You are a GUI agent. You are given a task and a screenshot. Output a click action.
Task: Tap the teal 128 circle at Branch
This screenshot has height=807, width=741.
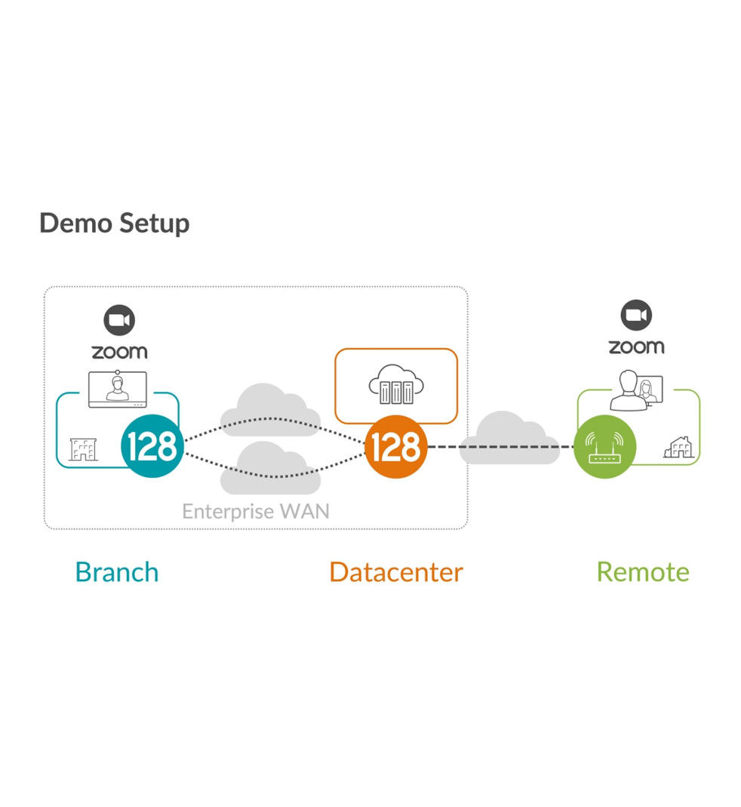(152, 447)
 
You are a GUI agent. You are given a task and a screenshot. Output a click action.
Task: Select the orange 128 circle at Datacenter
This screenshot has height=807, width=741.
(396, 447)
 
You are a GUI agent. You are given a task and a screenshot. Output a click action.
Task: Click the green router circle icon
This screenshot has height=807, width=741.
(604, 447)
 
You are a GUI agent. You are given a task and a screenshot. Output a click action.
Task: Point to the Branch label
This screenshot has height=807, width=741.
(117, 571)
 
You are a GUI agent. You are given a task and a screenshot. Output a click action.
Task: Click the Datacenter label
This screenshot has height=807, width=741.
(396, 571)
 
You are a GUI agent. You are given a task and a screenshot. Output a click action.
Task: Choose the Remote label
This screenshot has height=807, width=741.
(643, 571)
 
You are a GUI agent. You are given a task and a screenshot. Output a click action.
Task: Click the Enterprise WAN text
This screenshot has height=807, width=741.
(256, 511)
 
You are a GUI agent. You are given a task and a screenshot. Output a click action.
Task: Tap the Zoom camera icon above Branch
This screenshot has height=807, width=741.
(119, 321)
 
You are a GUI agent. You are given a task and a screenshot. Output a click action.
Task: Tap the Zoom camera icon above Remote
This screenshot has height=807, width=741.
(636, 316)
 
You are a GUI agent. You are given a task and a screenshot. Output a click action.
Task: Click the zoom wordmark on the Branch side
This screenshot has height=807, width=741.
(119, 352)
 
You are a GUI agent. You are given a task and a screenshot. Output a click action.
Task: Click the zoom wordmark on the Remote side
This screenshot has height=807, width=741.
(636, 347)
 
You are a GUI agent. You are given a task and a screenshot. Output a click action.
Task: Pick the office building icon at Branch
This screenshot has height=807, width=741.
(82, 449)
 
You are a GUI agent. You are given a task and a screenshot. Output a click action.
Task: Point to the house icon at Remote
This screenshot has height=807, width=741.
(678, 448)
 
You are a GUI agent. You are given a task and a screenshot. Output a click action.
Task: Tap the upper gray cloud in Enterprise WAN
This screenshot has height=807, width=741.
(259, 406)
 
